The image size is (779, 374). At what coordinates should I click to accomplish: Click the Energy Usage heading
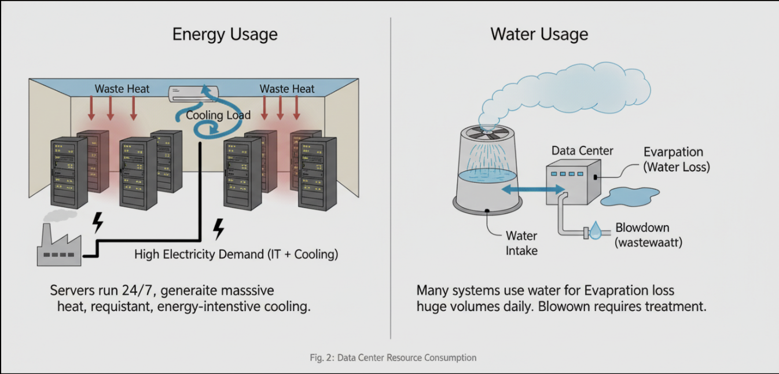225,34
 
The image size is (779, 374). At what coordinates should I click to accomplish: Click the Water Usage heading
539,34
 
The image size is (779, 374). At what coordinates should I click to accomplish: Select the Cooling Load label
218,115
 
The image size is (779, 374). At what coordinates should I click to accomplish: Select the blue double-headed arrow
532,189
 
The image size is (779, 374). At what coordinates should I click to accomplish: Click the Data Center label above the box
582,151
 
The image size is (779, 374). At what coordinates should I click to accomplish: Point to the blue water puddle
630,196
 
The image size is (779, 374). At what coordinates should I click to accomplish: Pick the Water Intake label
521,243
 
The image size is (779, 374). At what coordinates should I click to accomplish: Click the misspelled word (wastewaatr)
648,243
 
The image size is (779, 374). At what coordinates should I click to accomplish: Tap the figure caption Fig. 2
392,358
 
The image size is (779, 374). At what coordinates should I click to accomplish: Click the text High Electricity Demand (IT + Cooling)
236,254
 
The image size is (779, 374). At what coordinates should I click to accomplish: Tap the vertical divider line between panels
391,174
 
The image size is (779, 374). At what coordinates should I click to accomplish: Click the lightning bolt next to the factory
98,223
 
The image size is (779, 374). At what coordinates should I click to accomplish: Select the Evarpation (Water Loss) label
676,159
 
